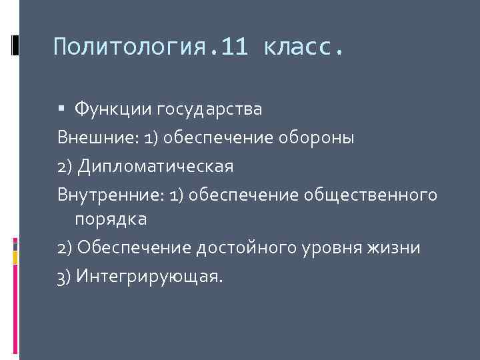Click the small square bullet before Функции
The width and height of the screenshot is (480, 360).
tap(62, 108)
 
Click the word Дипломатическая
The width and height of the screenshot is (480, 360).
tap(155, 166)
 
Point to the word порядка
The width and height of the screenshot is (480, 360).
tap(111, 218)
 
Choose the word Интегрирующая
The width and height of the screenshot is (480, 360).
tap(147, 275)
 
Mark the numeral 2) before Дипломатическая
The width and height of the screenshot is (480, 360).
tap(65, 166)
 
